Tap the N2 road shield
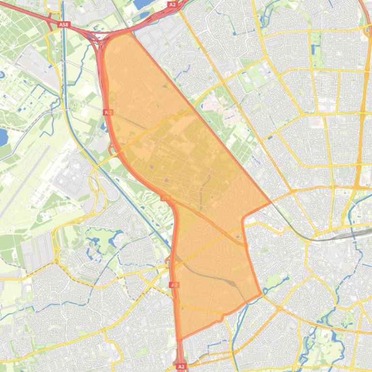(108, 112)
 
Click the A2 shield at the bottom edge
(181, 367)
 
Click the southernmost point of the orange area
(181, 340)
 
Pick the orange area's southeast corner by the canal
(261, 293)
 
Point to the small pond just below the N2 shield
(104, 127)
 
